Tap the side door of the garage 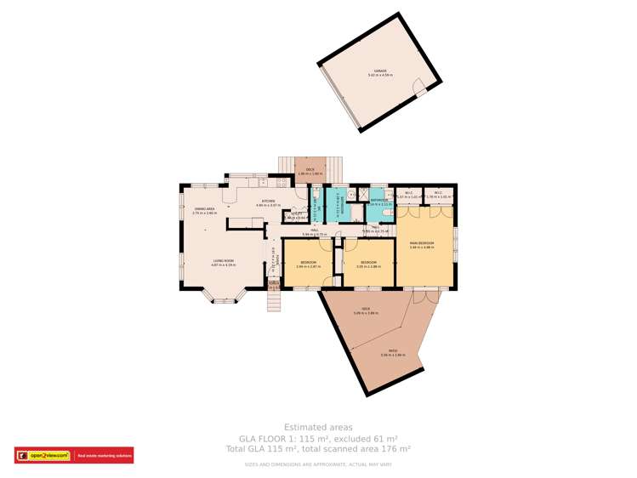418,87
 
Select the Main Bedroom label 422,245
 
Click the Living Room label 222,262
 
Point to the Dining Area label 204,210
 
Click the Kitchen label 269,202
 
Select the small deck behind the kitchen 310,169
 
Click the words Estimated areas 318,427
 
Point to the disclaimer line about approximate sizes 318,464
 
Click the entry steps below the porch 273,300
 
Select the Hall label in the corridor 314,231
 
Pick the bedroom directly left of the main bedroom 368,264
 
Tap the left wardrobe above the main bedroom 409,196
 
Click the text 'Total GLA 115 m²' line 318,448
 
